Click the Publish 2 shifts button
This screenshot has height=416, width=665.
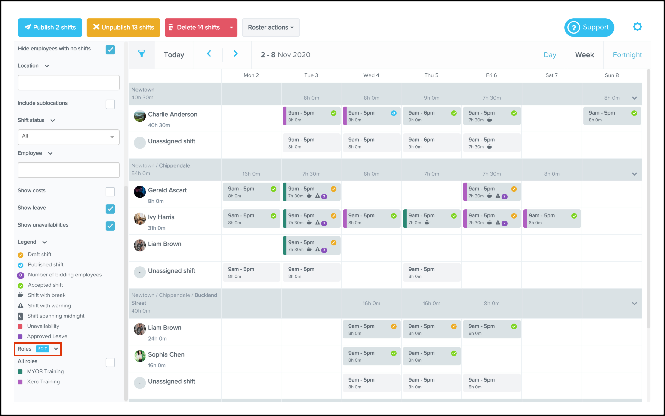click(50, 28)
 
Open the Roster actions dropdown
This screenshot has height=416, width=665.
click(271, 28)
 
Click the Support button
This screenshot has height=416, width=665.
click(589, 28)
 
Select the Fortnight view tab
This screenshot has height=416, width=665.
click(627, 55)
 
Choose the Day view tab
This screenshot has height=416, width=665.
click(550, 55)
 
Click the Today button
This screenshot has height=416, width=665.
click(174, 55)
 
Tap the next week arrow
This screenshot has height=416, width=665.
click(235, 54)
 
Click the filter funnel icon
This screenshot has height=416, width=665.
click(142, 53)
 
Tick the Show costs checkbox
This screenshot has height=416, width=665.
click(110, 192)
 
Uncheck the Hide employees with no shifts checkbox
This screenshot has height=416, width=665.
click(110, 50)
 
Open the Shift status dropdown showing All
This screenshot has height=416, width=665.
click(68, 137)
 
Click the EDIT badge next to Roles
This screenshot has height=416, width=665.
click(42, 349)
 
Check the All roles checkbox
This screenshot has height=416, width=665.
click(110, 363)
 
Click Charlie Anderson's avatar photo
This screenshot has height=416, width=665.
click(140, 116)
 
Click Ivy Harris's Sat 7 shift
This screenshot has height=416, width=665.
click(551, 219)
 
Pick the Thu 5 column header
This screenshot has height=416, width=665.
click(431, 75)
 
